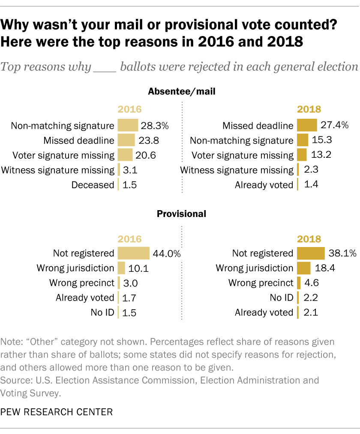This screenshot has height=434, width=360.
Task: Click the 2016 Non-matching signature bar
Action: [128, 126]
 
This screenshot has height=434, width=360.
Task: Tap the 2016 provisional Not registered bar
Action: [133, 253]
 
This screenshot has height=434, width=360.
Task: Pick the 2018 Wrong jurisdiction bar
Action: [303, 268]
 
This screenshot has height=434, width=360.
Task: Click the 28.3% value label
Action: [155, 126]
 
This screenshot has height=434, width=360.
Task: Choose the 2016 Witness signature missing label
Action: [58, 170]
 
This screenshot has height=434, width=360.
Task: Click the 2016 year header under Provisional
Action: [129, 239]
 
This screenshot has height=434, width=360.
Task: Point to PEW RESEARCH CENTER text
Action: [57, 412]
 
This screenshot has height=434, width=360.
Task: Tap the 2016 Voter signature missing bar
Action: [125, 155]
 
